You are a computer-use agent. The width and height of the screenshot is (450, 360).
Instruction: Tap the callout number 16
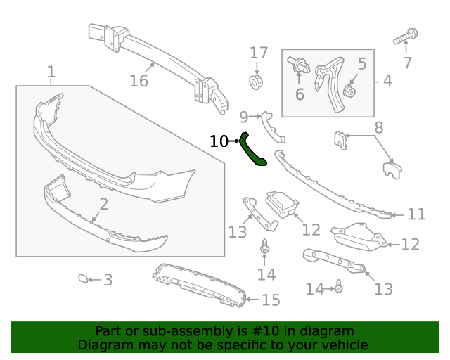pos(139,81)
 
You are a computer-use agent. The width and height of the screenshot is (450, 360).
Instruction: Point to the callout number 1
pos(51,71)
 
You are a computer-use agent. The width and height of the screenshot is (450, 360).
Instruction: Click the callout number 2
pos(103,205)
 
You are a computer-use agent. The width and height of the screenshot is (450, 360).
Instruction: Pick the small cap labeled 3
pos(84,278)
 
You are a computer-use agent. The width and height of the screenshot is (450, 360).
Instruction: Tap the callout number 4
pos(387,81)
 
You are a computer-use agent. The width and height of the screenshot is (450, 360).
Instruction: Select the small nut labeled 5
pos(351,91)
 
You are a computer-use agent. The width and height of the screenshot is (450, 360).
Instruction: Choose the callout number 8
pos(378,128)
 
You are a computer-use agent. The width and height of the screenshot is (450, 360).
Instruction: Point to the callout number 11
pos(416,214)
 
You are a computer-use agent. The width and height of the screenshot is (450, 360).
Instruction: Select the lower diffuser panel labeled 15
pos(200,285)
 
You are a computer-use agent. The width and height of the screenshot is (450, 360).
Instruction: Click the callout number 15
pos(271,300)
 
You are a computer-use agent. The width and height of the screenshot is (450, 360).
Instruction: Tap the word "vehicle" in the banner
pos(344,345)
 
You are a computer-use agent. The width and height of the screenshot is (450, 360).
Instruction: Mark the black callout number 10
pos(219,141)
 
